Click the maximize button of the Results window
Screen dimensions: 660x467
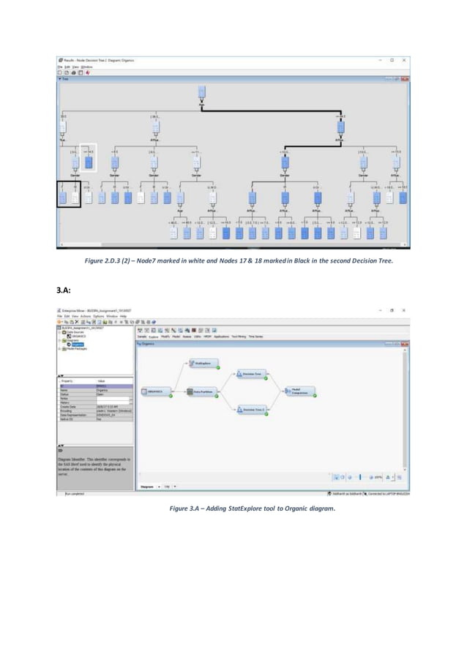(392, 60)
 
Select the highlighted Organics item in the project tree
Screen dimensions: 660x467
(77, 344)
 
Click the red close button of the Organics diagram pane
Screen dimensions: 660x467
(405, 342)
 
